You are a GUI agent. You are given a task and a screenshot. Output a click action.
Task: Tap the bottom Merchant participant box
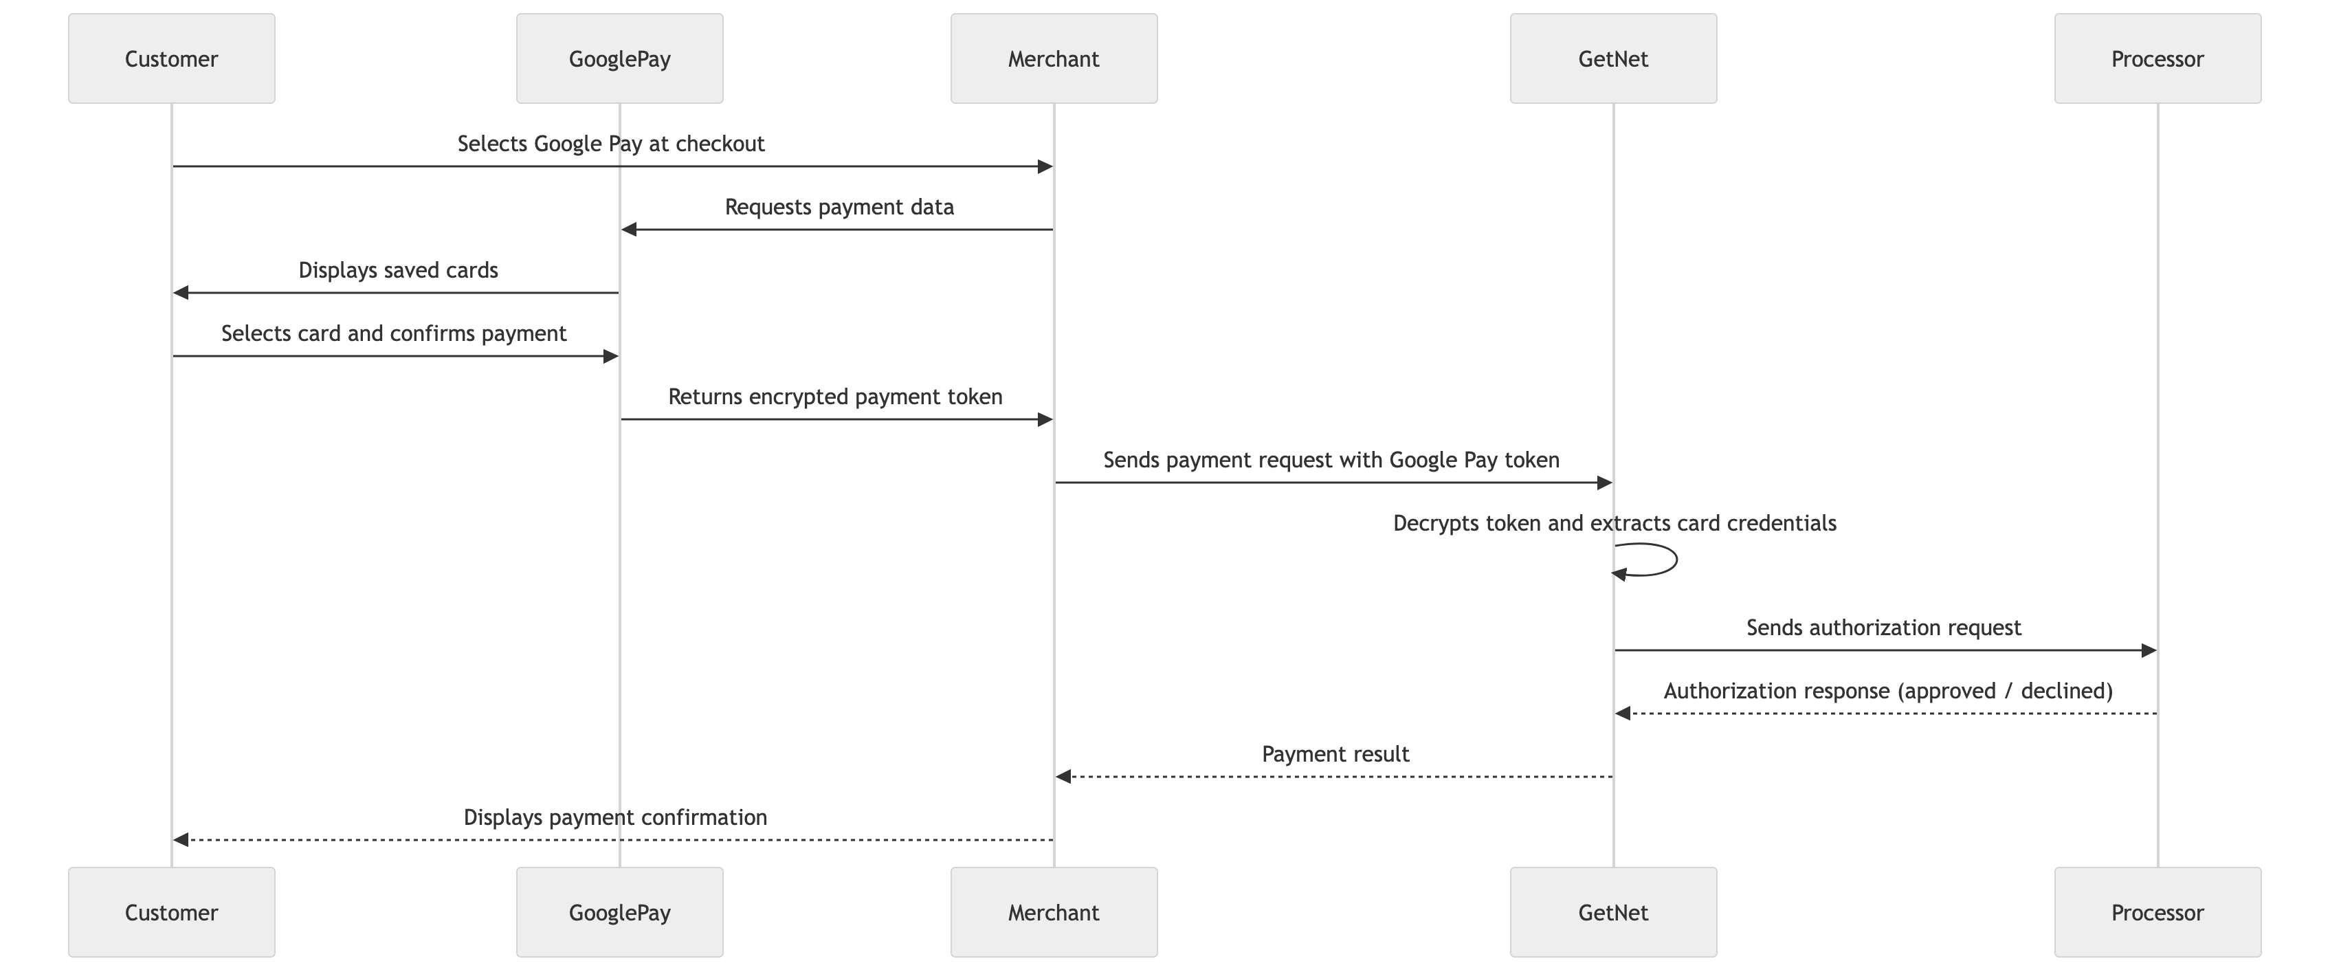1054,912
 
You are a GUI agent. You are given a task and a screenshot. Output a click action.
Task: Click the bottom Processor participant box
2157,912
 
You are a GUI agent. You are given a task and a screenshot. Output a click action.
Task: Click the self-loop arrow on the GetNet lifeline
1676,560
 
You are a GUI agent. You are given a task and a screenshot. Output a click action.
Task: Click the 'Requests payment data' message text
839,207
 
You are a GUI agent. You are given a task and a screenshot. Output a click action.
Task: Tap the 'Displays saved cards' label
398,271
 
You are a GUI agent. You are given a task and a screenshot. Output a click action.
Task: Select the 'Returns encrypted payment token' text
835,397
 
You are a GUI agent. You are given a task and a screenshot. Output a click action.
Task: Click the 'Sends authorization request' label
1883,628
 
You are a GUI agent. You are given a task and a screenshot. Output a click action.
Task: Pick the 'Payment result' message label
1335,754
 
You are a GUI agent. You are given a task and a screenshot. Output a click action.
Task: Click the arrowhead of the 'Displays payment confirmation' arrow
181,840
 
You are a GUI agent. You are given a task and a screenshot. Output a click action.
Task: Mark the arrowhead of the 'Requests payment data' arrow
630,230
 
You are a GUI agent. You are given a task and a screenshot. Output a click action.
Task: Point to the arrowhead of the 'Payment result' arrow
1064,777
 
